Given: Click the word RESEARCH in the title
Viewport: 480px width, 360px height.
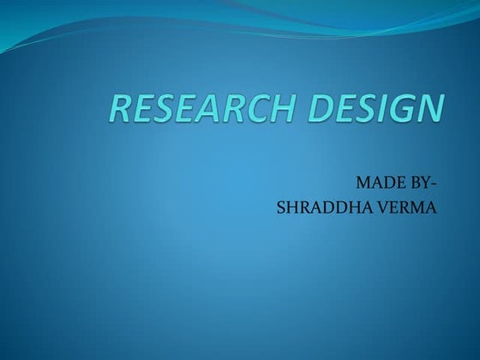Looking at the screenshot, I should pyautogui.click(x=201, y=109).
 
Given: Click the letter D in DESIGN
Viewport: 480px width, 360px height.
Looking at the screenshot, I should pyautogui.click(x=321, y=109).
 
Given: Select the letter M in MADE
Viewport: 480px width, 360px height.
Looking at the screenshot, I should pyautogui.click(x=360, y=183).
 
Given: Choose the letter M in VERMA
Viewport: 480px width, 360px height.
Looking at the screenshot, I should pyautogui.click(x=420, y=207).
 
